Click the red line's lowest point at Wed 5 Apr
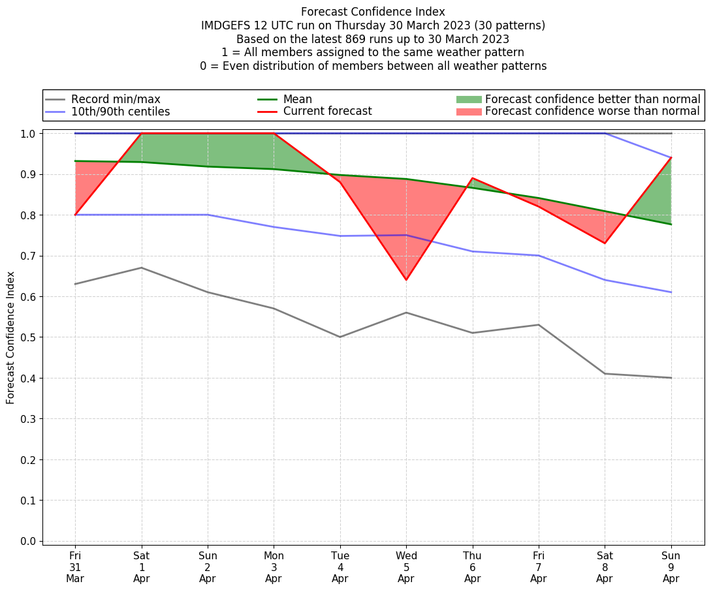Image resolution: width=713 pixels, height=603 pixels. pos(406,280)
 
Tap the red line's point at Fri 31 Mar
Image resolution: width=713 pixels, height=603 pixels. pos(75,215)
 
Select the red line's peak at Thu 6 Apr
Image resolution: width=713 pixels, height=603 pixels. pos(473,178)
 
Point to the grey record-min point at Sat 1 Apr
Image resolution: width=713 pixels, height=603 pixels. pos(142,268)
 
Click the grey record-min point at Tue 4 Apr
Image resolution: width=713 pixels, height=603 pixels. pos(340,337)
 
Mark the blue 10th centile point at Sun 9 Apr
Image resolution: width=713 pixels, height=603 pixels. pos(671,292)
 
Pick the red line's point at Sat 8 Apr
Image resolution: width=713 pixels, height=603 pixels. pos(605,243)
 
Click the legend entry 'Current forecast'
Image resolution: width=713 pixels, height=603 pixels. pos(327,112)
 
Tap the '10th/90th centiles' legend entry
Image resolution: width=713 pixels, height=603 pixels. pos(120,112)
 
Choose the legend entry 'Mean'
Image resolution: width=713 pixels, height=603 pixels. pos(298,99)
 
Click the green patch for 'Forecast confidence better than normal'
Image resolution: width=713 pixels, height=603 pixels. pos(468,99)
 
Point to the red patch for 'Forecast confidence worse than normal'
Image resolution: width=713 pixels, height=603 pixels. pos(468,112)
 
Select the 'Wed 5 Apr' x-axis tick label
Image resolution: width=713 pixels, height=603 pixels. pos(406,566)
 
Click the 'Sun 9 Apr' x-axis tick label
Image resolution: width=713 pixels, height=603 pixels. pos(671,566)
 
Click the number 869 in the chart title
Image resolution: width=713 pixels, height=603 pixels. pos(330,39)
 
